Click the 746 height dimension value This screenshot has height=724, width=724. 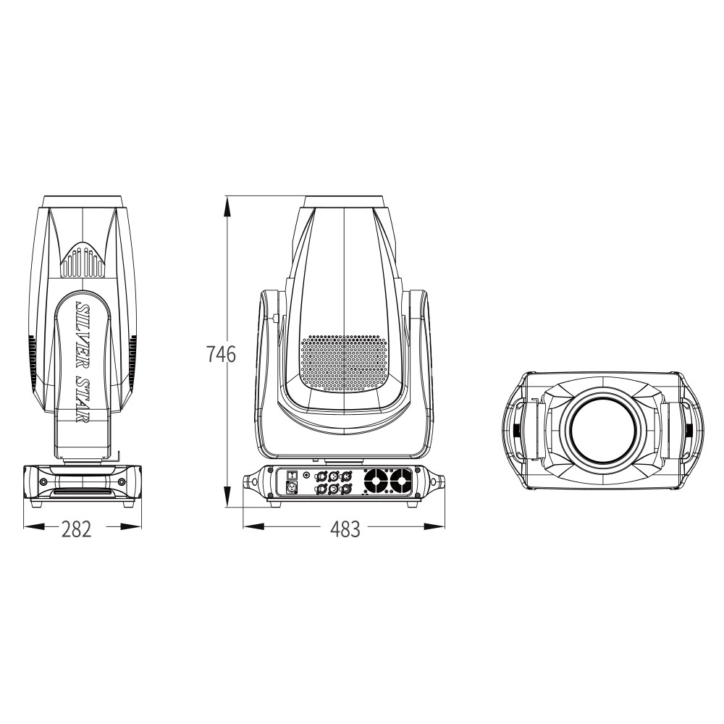pos(221,355)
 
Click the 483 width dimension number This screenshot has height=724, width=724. pos(345,529)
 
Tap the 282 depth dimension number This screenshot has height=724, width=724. pos(76,529)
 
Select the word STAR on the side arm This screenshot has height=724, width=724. pos(84,399)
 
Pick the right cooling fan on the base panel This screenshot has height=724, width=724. pos(400,480)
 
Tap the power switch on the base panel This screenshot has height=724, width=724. pos(292,474)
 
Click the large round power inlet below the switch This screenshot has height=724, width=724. pos(293,488)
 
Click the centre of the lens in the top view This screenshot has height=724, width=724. pos(602,432)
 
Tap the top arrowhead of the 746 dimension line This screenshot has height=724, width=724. pos(227,205)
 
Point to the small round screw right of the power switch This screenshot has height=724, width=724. pos(307,475)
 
